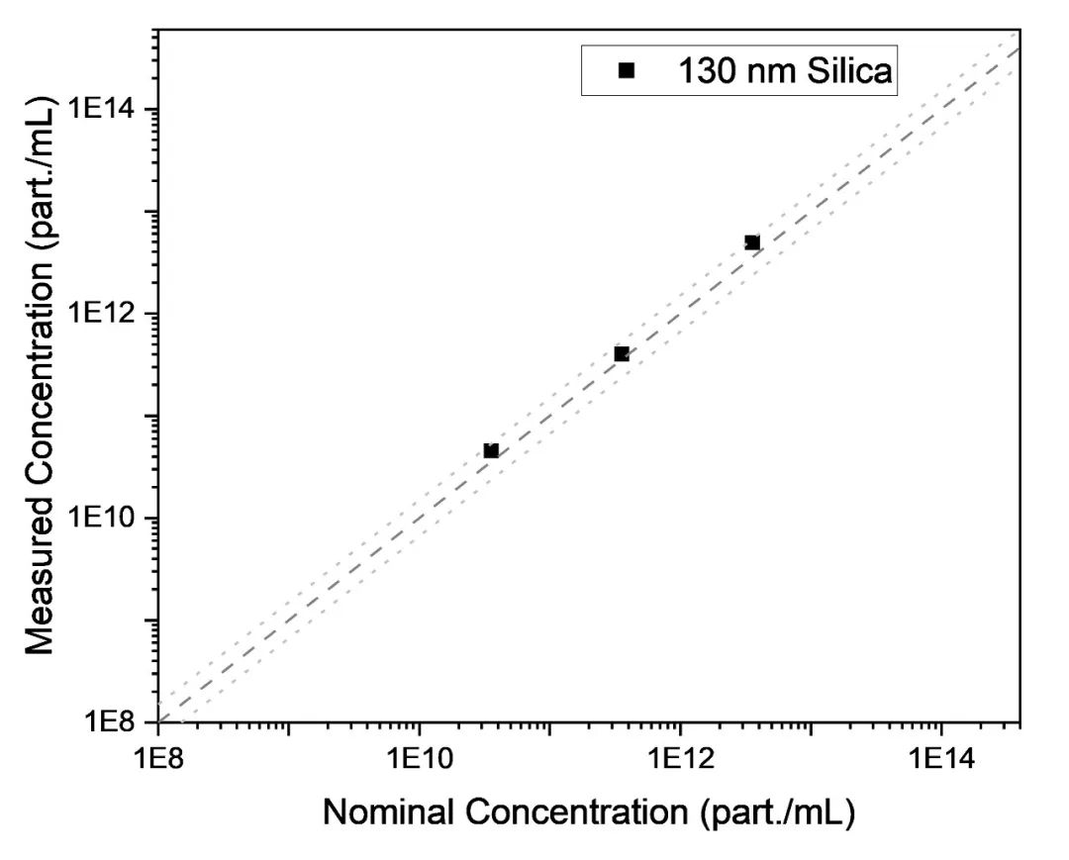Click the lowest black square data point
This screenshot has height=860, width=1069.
point(491,451)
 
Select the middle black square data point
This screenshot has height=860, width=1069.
point(622,354)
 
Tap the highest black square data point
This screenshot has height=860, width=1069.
point(752,242)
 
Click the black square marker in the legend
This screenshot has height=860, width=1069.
point(626,70)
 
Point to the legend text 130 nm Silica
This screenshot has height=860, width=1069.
point(784,70)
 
